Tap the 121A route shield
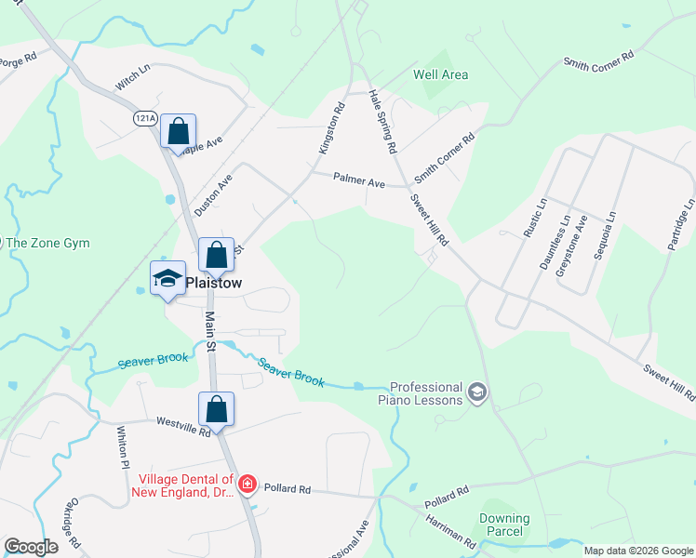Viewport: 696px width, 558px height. [x=144, y=118]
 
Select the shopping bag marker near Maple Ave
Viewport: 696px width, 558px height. [x=178, y=131]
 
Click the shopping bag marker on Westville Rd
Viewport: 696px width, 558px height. [x=216, y=409]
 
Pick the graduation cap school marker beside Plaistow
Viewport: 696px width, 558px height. [x=168, y=279]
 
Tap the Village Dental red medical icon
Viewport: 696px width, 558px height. [x=248, y=483]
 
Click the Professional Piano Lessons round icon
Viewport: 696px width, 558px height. [x=477, y=393]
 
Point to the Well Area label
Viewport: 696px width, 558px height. [x=441, y=74]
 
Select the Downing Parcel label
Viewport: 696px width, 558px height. [x=504, y=525]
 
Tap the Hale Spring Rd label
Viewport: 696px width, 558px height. [x=382, y=121]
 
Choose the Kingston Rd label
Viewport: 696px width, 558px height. [x=332, y=129]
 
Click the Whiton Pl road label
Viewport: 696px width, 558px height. [x=123, y=447]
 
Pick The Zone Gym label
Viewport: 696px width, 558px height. [x=48, y=243]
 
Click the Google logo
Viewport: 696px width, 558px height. [x=31, y=547]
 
